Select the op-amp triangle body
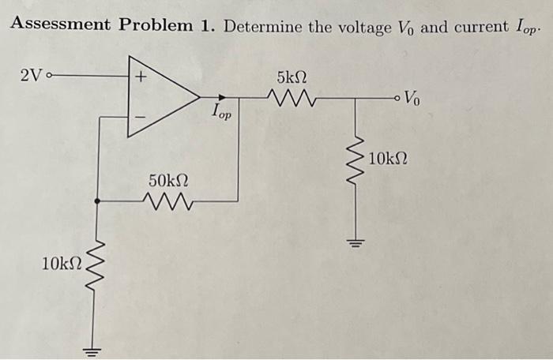(x=162, y=97)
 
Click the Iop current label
(x=223, y=113)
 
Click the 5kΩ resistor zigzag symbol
(x=293, y=99)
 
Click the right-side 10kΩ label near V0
(x=388, y=159)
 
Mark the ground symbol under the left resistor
(x=96, y=349)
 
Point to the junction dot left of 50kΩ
(x=97, y=202)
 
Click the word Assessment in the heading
(x=60, y=24)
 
